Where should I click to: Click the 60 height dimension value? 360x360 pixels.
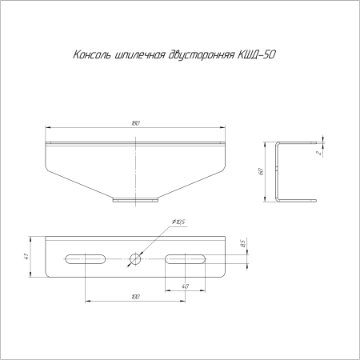pyautogui.click(x=261, y=171)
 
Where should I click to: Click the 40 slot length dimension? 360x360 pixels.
pyautogui.click(x=185, y=286)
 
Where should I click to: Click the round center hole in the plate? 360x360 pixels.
pyautogui.click(x=135, y=258)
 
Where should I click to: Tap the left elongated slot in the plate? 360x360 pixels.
pyautogui.click(x=85, y=258)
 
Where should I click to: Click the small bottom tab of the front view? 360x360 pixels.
pyautogui.click(x=135, y=199)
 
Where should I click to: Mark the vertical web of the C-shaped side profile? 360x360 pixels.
pyautogui.click(x=276, y=171)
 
